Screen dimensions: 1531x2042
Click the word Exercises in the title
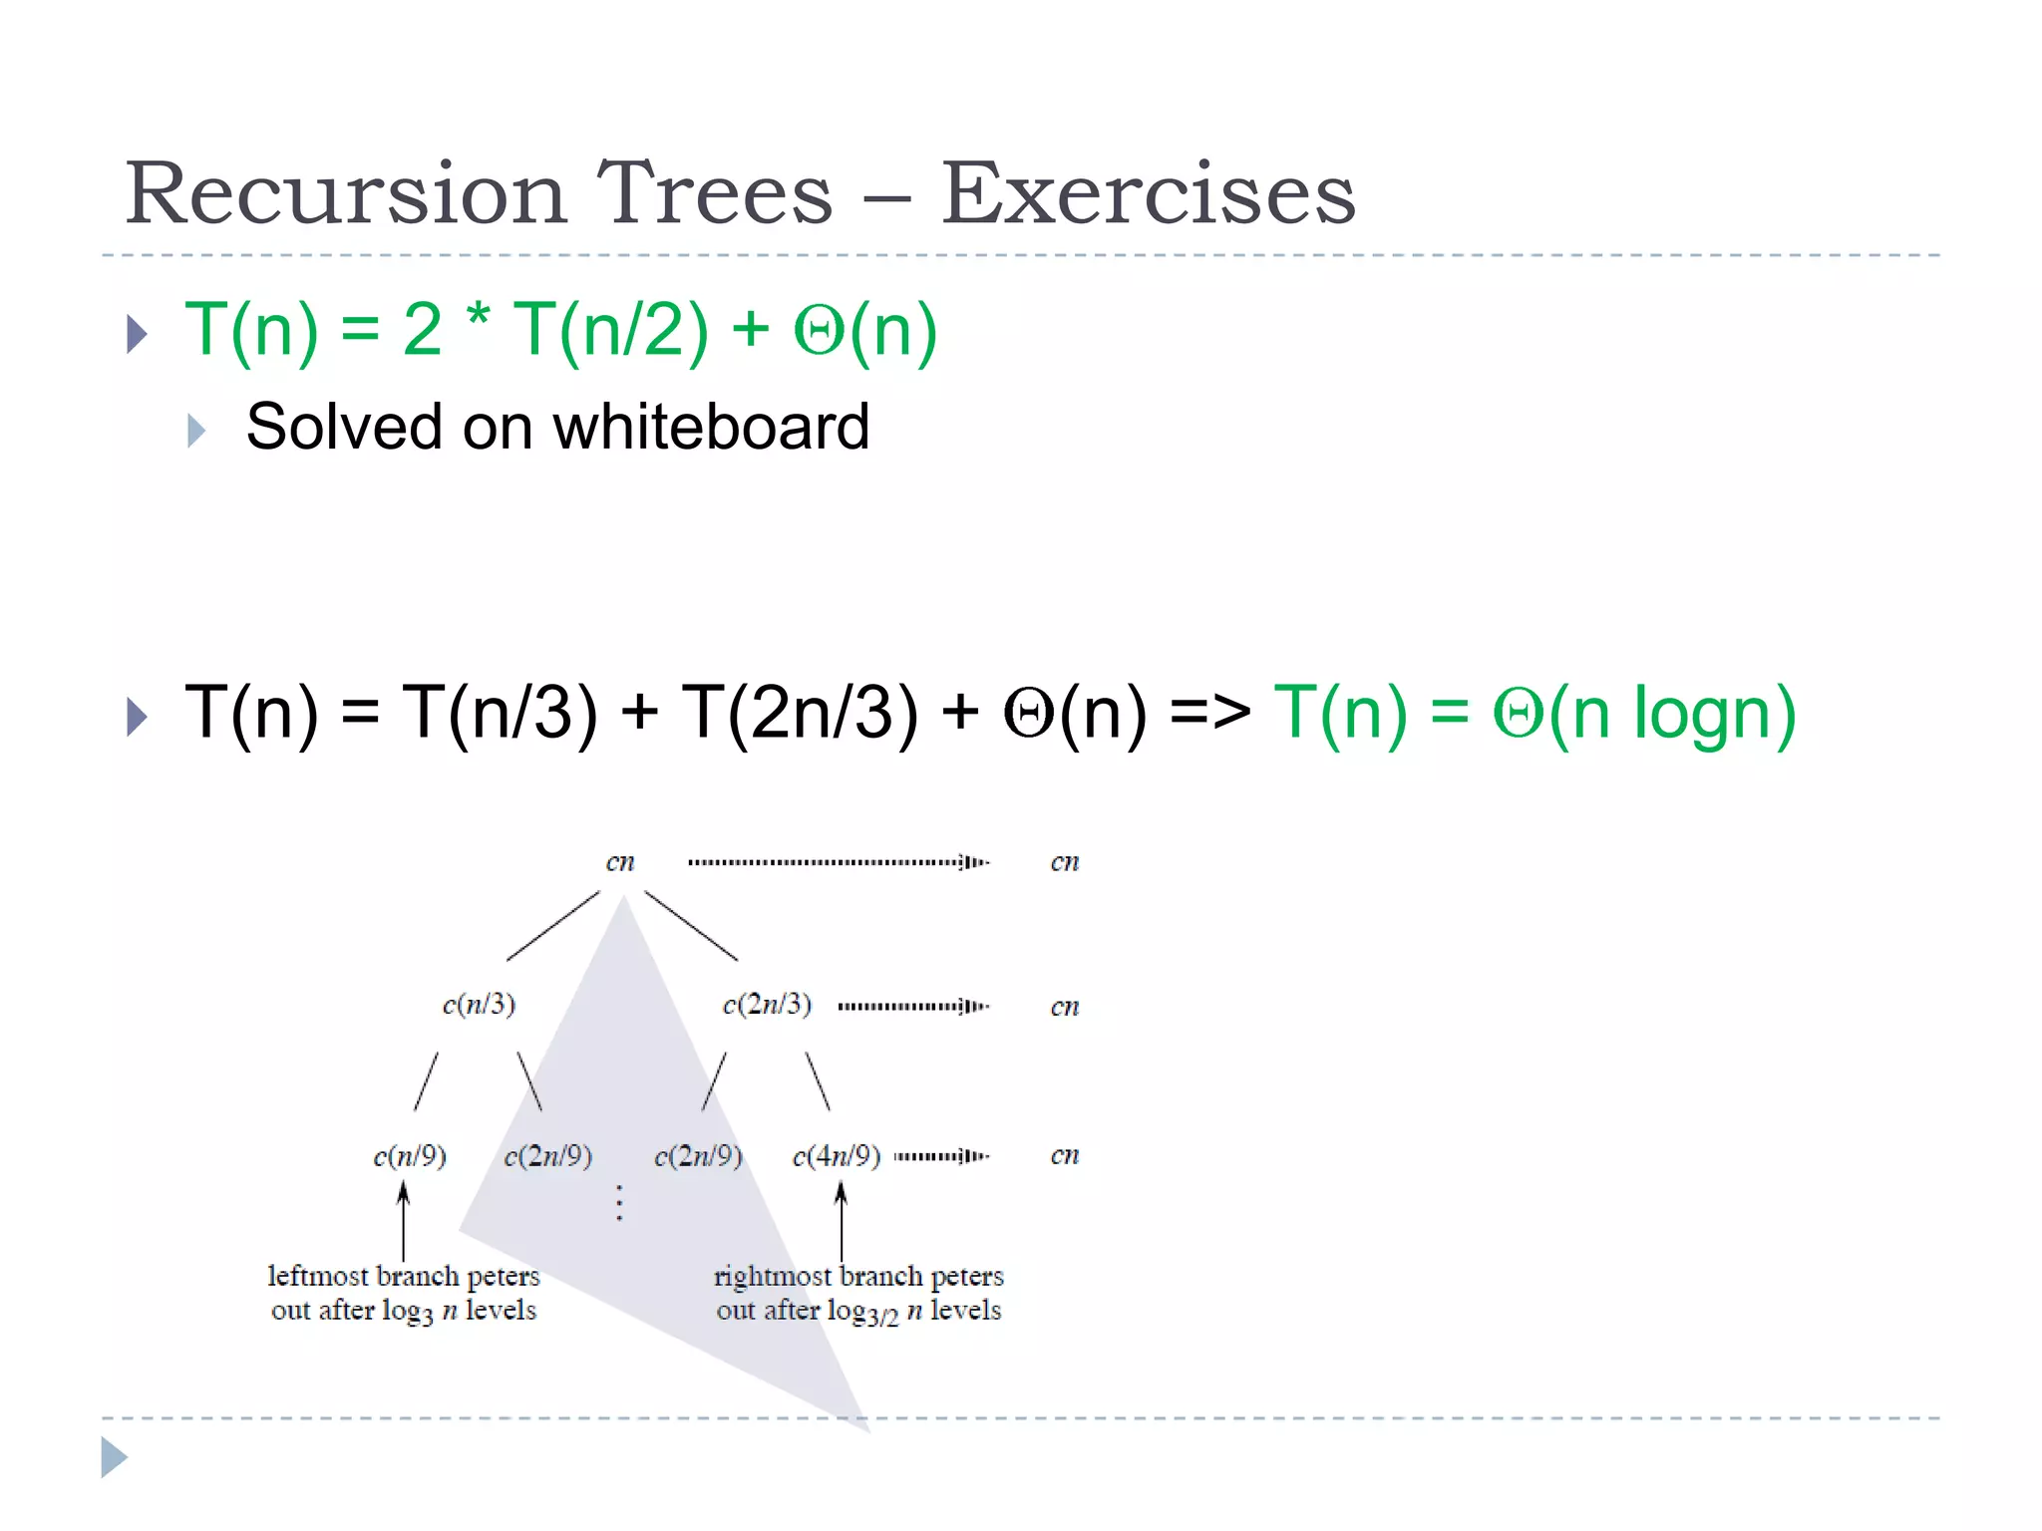tap(1148, 193)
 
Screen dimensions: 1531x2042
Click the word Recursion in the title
tap(345, 193)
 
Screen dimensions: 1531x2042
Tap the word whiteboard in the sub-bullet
tap(711, 427)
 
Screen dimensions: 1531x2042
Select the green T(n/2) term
tap(610, 330)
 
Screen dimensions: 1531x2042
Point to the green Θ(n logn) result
tap(1644, 714)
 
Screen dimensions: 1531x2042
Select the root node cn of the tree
tap(620, 862)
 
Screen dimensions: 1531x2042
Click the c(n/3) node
tap(479, 1004)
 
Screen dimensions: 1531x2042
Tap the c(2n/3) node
tap(767, 1004)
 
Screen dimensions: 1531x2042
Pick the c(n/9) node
tap(409, 1156)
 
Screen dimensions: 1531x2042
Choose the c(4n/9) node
tap(836, 1156)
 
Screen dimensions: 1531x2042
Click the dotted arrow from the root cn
tap(838, 862)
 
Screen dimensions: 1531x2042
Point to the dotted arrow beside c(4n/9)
tap(941, 1156)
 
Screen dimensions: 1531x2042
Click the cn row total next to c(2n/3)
tap(1064, 1007)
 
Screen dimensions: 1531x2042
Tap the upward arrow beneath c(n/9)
tap(403, 1221)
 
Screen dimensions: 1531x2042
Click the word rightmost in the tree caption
tap(774, 1277)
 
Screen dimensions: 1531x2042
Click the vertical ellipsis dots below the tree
tap(619, 1203)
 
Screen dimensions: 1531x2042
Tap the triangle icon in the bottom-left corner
tap(114, 1458)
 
